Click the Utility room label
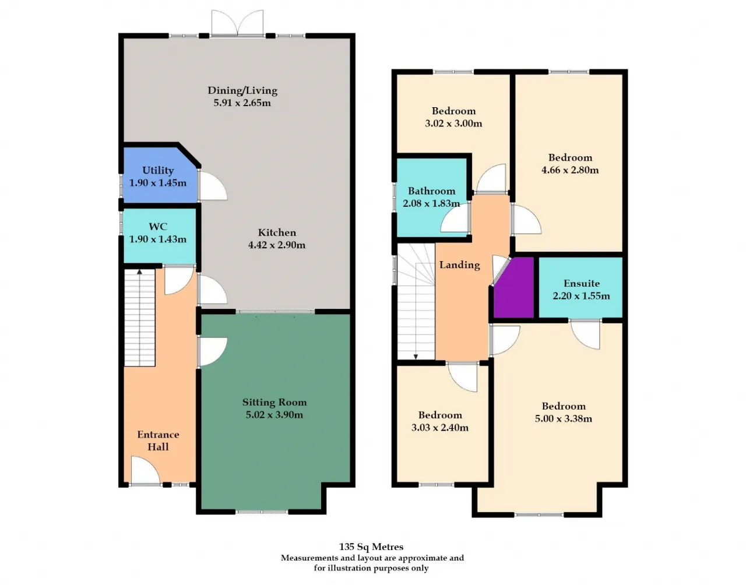point(158,171)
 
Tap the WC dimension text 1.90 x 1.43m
point(158,239)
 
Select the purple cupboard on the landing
point(513,287)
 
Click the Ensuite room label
point(582,283)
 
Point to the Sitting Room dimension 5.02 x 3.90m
point(275,415)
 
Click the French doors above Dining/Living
point(237,23)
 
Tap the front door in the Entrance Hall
point(145,470)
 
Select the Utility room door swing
point(213,186)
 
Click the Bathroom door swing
point(455,218)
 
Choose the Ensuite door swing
point(585,334)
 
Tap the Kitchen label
point(277,232)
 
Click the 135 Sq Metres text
point(371,547)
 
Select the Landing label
point(460,265)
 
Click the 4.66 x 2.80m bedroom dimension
point(570,170)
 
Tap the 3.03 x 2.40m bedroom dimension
point(440,428)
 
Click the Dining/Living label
point(242,91)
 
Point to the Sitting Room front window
point(262,512)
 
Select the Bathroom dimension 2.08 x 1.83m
point(431,203)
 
